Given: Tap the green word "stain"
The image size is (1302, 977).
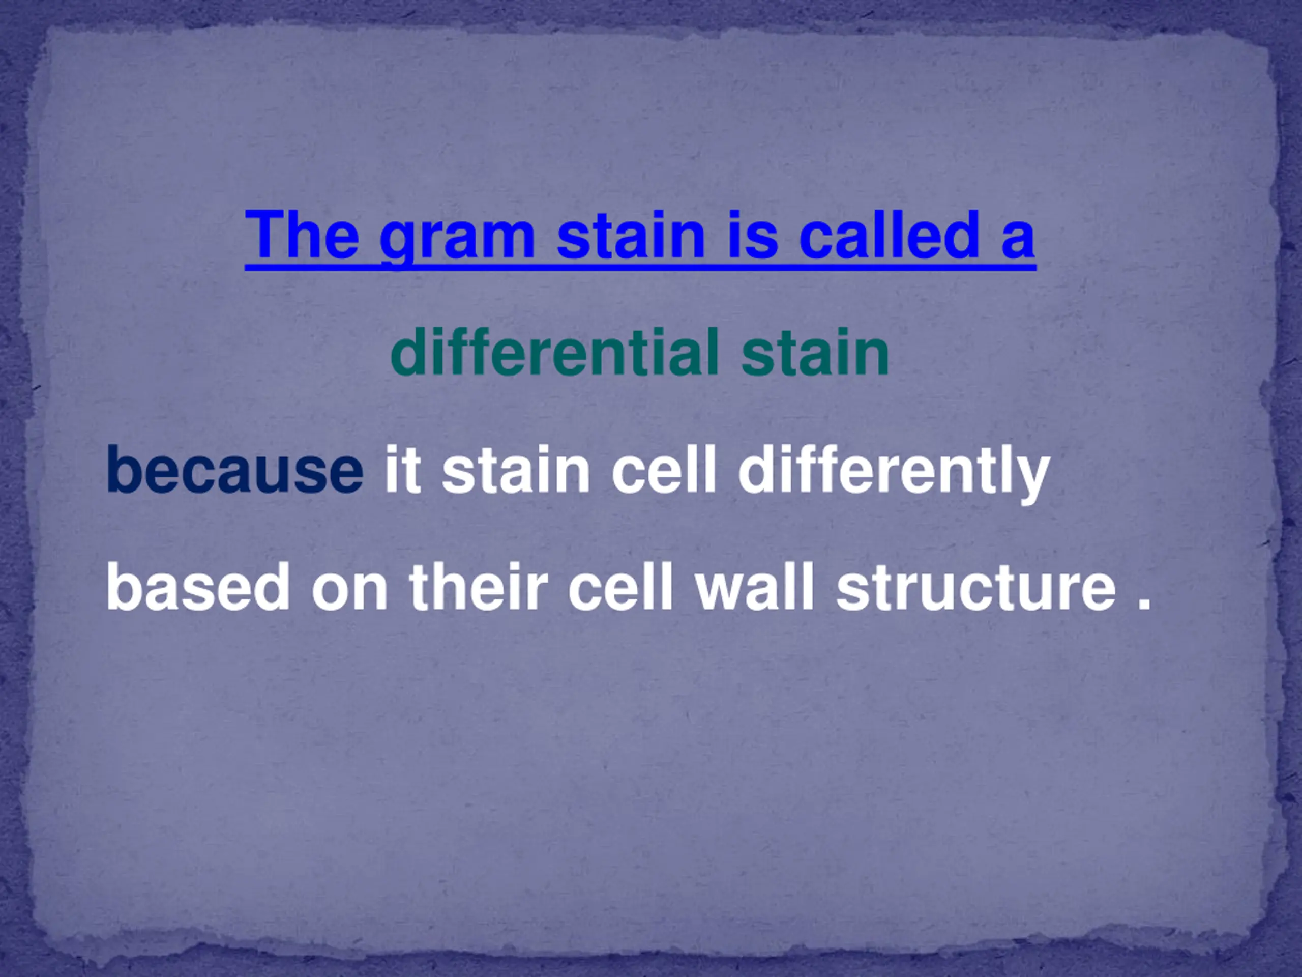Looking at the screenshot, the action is pyautogui.click(x=815, y=352).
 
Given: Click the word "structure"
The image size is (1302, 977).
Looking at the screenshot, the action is pyautogui.click(x=976, y=587).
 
